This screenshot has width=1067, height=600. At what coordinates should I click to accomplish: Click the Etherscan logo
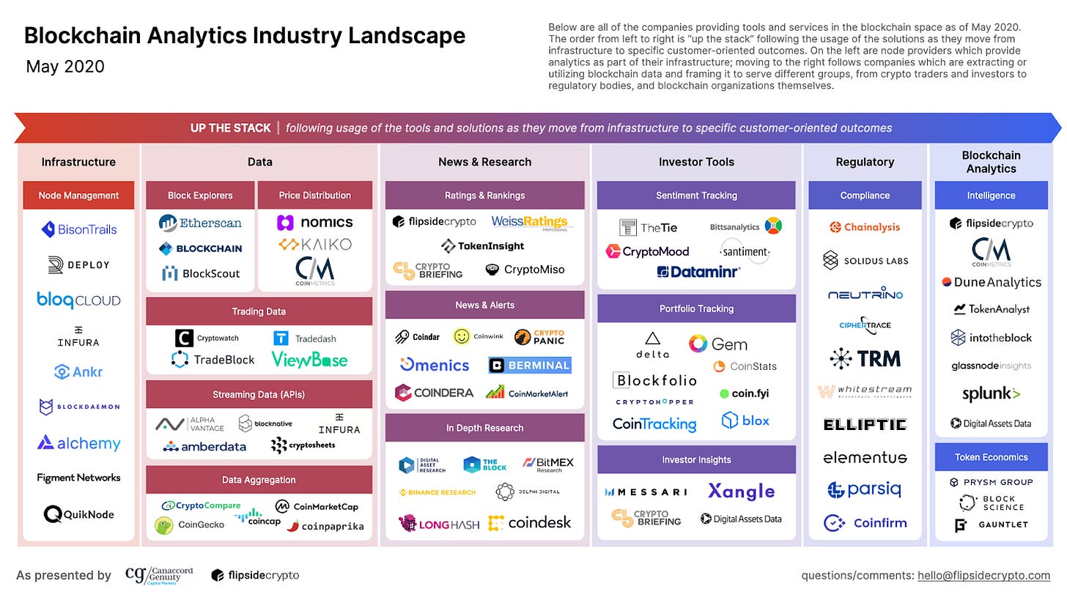200,223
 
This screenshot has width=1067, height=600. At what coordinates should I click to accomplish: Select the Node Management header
78,196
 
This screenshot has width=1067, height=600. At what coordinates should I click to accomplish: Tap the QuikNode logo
78,514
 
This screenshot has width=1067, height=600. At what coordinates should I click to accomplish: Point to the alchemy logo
78,442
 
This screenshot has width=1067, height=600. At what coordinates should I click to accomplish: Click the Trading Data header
259,311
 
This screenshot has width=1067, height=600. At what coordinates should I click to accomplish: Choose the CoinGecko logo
190,525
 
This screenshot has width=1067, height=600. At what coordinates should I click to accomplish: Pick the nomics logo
315,222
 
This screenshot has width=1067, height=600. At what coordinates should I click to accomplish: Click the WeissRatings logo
530,222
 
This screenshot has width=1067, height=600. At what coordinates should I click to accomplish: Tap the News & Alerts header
484,305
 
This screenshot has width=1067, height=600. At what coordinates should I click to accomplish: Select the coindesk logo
529,522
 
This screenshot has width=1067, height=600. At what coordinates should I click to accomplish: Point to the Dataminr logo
698,272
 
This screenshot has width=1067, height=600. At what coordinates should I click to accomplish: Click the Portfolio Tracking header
696,308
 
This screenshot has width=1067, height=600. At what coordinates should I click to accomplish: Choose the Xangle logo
741,491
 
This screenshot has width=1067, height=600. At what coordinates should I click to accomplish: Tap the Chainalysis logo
865,227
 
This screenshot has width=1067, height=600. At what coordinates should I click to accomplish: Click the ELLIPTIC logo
865,424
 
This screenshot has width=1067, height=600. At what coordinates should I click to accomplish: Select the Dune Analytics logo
991,282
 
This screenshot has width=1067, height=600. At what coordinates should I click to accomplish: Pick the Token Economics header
991,457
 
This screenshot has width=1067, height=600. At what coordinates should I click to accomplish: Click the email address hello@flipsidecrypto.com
983,575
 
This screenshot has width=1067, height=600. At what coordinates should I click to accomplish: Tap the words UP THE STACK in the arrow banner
230,128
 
